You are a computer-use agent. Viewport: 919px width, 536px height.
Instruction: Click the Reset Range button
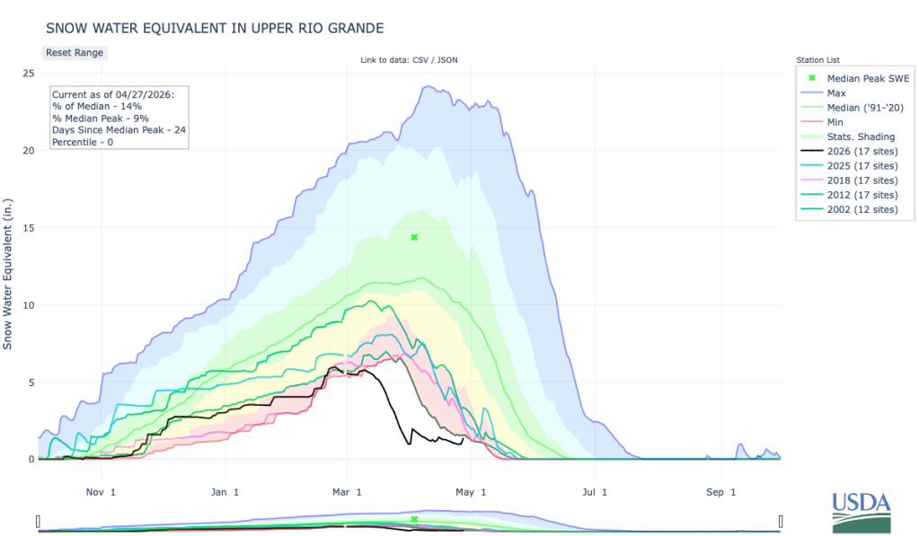(x=75, y=52)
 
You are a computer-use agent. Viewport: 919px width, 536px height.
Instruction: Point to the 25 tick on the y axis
(x=29, y=73)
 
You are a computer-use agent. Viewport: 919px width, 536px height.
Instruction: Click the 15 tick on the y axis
(x=29, y=227)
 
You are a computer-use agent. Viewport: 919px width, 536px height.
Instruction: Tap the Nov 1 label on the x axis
(x=100, y=491)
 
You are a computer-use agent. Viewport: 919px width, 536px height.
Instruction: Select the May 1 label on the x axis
(x=471, y=491)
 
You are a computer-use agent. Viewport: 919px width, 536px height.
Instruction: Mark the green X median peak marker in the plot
(x=414, y=237)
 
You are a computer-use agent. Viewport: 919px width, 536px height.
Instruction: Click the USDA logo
(x=862, y=512)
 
